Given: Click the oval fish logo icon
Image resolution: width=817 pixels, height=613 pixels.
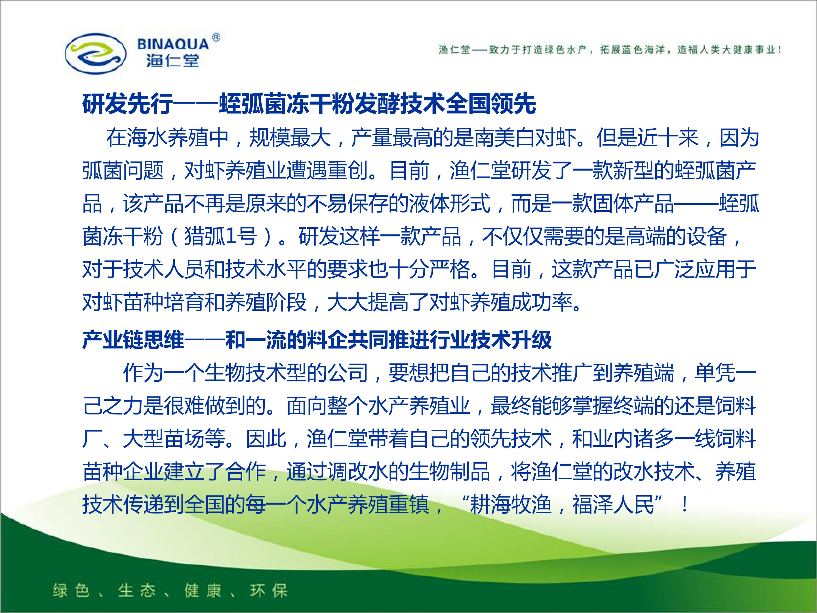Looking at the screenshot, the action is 95,54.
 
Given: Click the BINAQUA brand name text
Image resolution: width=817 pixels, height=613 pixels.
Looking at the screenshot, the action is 173,44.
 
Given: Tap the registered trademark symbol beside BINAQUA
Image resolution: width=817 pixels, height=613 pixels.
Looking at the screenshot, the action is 216,37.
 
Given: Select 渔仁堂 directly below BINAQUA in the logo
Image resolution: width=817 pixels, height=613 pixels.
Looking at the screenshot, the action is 173,61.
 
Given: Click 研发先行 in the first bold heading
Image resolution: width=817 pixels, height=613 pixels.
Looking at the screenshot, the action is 127,104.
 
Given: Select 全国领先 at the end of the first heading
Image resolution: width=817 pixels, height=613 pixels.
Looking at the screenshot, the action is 491,104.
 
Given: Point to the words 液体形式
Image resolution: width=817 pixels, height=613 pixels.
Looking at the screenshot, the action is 450,203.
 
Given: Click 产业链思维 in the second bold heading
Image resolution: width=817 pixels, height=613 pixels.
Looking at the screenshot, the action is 133,340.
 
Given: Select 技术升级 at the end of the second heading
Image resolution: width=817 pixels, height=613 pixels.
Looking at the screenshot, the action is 511,340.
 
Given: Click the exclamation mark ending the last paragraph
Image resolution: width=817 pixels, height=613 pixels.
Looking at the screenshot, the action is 685,504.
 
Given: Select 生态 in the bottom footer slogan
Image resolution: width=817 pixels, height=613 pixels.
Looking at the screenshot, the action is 137,591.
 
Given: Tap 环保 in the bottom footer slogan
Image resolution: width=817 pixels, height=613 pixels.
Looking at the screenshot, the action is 269,591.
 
